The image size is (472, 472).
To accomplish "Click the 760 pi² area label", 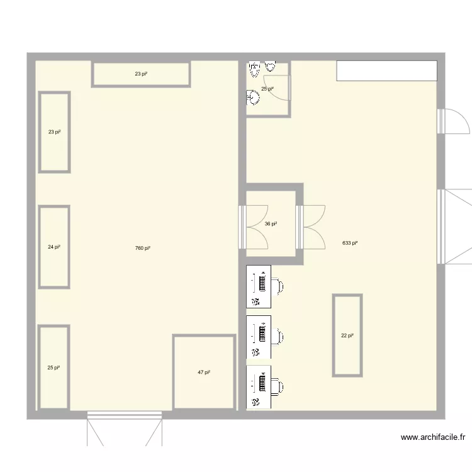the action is click(143, 248).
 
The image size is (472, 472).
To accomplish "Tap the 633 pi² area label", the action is click(350, 243).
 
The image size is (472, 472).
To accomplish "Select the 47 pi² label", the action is click(204, 373).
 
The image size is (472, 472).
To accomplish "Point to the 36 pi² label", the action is click(271, 223).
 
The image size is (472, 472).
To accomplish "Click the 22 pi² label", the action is click(347, 335).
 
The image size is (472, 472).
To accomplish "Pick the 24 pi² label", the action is click(54, 247).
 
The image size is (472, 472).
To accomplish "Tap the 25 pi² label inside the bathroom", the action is click(267, 89).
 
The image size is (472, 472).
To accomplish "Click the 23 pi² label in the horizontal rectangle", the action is click(141, 74).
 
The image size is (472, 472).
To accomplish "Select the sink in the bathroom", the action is click(253, 97).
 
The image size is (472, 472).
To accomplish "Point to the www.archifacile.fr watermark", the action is click(433, 437).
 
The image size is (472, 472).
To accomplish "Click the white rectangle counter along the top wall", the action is click(386, 70).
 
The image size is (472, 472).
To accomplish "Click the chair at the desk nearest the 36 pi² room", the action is click(278, 286).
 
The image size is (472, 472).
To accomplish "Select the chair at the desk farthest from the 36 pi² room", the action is click(278, 386).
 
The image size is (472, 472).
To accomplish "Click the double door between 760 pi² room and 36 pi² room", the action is click(253, 227).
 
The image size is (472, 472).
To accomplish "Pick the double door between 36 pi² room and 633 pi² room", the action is click(310, 227).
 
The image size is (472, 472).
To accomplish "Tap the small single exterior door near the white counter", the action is click(453, 121).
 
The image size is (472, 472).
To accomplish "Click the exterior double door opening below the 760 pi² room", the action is click(125, 429).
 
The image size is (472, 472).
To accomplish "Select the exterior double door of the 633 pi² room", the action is click(454, 227).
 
